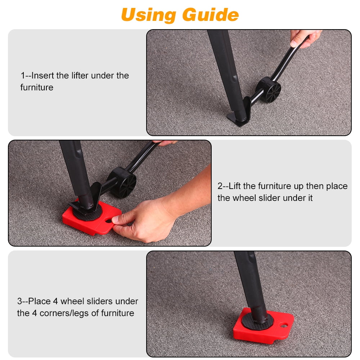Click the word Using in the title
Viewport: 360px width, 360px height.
(x=149, y=15)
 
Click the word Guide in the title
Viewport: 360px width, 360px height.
(x=211, y=15)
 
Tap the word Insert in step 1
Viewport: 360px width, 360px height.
(x=42, y=76)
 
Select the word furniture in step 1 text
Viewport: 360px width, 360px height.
(x=37, y=87)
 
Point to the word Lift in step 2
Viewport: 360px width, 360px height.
(x=235, y=186)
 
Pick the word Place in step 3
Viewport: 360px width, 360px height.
(x=39, y=301)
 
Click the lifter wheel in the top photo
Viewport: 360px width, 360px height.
(x=269, y=90)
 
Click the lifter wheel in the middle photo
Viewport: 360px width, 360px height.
(x=122, y=183)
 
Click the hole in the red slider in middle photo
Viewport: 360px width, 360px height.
(x=109, y=221)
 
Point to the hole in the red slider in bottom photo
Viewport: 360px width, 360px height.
(x=284, y=325)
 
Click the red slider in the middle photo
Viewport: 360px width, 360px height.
(x=92, y=218)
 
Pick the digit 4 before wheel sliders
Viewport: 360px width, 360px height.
(x=55, y=301)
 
